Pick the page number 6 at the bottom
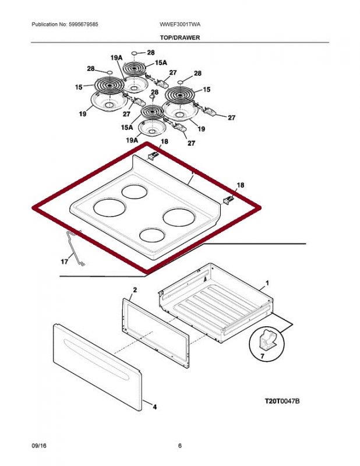(180, 446)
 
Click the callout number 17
(64, 262)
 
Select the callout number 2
(135, 290)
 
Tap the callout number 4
(154, 407)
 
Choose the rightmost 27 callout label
(231, 118)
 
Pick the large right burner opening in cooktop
(178, 217)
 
